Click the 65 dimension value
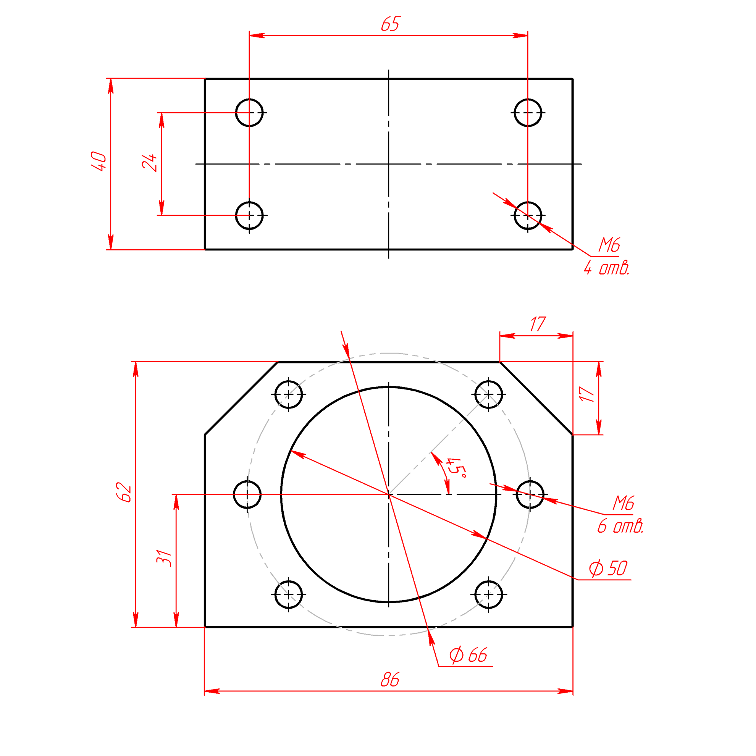(390, 24)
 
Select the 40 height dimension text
(99, 161)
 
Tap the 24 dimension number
(149, 163)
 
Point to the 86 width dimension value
(390, 680)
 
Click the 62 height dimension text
(124, 492)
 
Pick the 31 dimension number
(164, 558)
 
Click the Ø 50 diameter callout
(608, 568)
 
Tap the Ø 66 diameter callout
(468, 655)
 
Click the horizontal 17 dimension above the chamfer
(538, 324)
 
